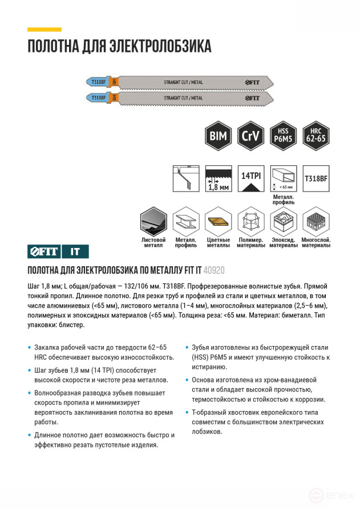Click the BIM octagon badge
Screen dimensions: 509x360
click(x=218, y=136)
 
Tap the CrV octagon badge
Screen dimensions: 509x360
click(x=249, y=136)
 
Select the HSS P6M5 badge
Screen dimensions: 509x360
click(x=282, y=136)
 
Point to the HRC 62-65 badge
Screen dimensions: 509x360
click(x=315, y=136)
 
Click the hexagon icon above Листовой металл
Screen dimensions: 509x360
click(x=153, y=222)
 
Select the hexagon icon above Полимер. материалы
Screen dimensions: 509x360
click(x=251, y=222)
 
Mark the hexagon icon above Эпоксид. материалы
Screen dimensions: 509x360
click(x=284, y=222)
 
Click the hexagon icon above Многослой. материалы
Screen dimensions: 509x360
click(x=316, y=222)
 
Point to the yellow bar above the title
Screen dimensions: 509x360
click(x=45, y=29)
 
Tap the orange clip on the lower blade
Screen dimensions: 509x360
click(x=114, y=97)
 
